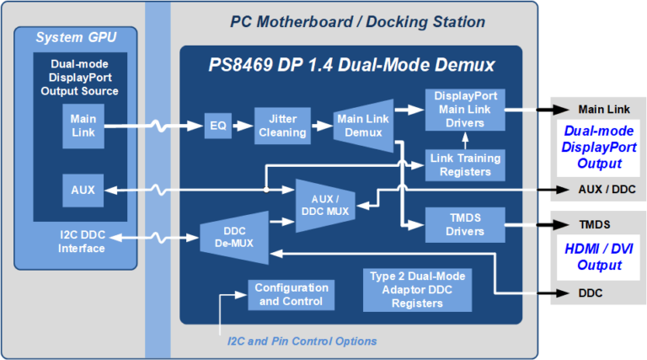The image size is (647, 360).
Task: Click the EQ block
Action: tap(218, 126)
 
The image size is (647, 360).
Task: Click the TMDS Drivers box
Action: tap(465, 224)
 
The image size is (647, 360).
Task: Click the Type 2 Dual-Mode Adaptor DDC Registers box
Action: tap(418, 289)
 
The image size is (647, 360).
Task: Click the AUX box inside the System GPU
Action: tap(83, 191)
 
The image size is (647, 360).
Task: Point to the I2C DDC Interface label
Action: tap(82, 241)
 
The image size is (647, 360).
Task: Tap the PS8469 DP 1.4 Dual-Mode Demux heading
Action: tap(351, 65)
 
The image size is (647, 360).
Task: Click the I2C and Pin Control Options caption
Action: tap(302, 341)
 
